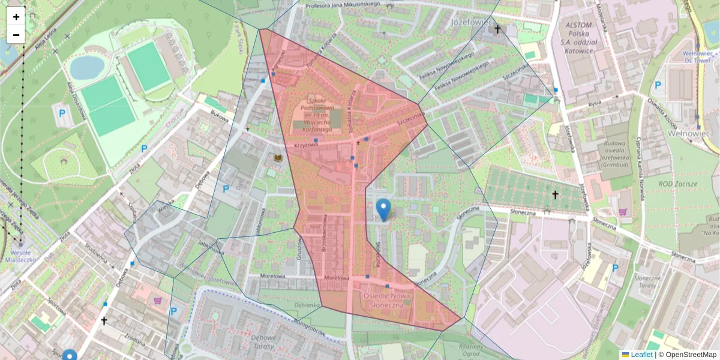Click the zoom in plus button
point(16,17)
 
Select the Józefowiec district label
point(469,23)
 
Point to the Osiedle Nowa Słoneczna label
point(385,301)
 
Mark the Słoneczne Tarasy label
point(647,283)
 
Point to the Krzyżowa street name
point(305,145)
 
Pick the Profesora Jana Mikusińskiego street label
point(343,6)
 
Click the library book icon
point(278,158)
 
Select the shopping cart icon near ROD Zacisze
point(623,212)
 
